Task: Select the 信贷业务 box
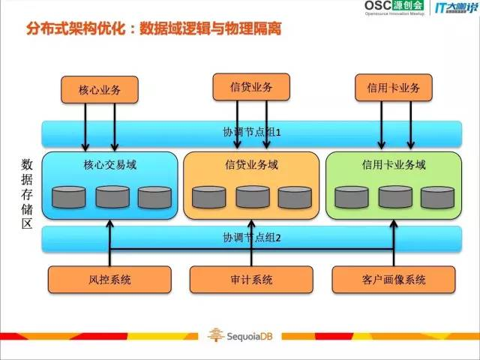point(251,86)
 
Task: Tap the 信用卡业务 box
point(393,88)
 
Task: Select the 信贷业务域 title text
point(251,164)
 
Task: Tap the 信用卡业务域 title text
point(394,164)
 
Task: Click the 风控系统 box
point(110,280)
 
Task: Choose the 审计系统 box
point(252,280)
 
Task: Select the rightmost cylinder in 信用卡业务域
point(438,197)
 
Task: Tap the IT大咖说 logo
point(454,11)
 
